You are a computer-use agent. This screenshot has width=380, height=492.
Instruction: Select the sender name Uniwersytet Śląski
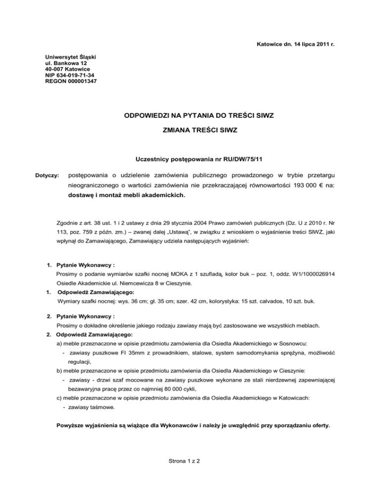tap(71, 57)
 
